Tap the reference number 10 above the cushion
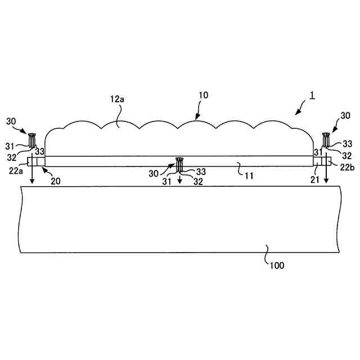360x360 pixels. pos(203,95)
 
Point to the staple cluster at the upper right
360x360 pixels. pos(326,137)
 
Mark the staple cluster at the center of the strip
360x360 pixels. pos(180,164)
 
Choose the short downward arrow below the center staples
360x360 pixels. pos(180,180)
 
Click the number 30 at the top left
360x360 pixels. pos(11,121)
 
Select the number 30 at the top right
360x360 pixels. pos(345,115)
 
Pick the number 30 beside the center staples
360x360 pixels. pos(154,173)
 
